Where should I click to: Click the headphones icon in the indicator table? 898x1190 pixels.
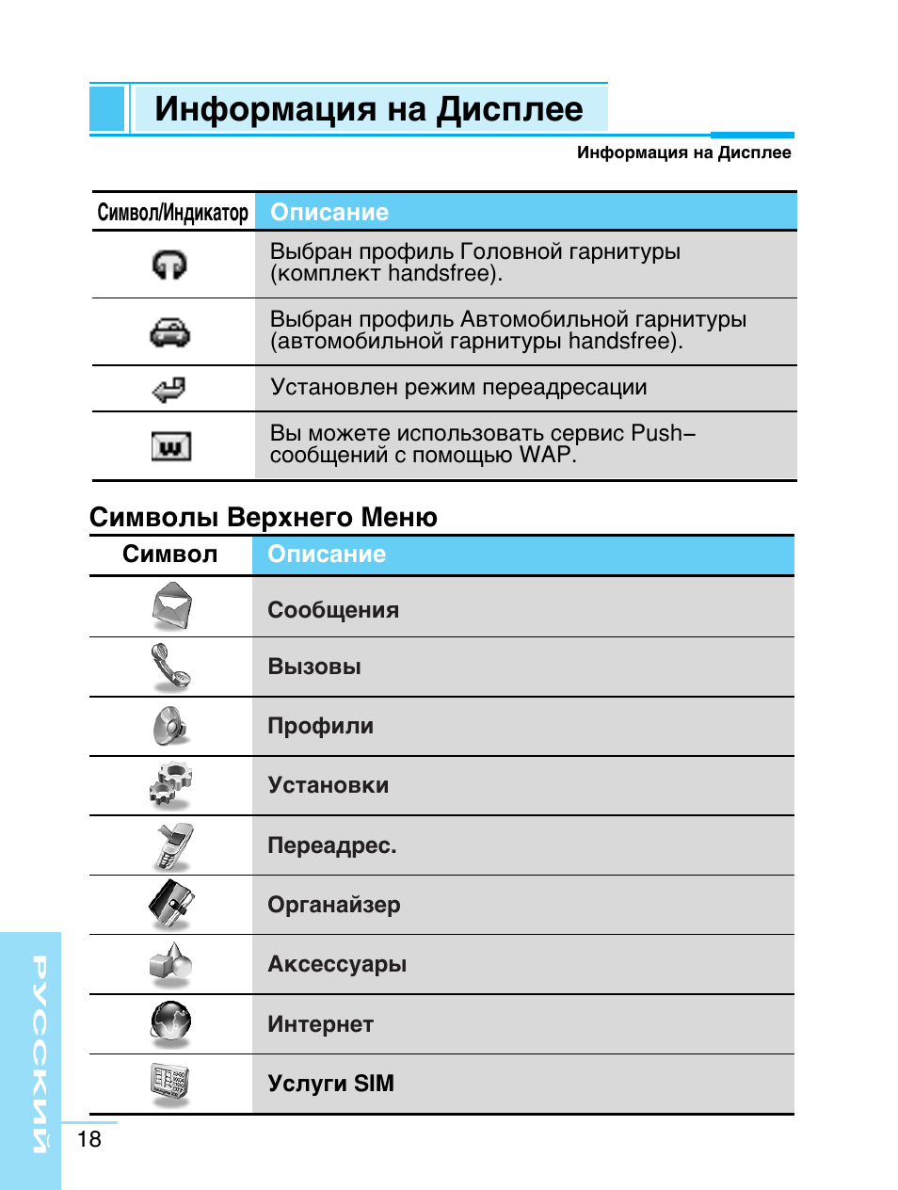(x=169, y=265)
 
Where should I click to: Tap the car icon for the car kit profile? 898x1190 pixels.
(x=170, y=332)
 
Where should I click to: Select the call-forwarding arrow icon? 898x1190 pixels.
(x=169, y=389)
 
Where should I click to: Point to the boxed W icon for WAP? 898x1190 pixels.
(x=171, y=446)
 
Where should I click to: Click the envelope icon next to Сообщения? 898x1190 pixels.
(x=172, y=606)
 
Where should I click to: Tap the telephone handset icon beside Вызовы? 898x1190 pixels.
(x=170, y=667)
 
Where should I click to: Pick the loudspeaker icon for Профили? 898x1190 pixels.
(x=170, y=726)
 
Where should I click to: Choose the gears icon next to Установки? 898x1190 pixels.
(x=170, y=785)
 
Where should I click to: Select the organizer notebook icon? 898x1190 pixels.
(x=171, y=905)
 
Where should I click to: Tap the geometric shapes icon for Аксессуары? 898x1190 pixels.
(x=170, y=964)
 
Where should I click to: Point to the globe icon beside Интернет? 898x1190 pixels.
(x=171, y=1023)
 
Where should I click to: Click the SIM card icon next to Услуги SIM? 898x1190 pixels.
(x=170, y=1083)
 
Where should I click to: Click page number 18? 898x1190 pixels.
(x=89, y=1139)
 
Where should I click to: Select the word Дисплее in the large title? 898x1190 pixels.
(x=509, y=109)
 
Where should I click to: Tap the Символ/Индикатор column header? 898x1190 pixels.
(x=173, y=213)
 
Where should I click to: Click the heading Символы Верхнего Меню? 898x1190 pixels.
(x=264, y=517)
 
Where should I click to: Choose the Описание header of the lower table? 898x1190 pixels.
(x=327, y=555)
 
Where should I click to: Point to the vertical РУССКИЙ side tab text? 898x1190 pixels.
(x=40, y=1054)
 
